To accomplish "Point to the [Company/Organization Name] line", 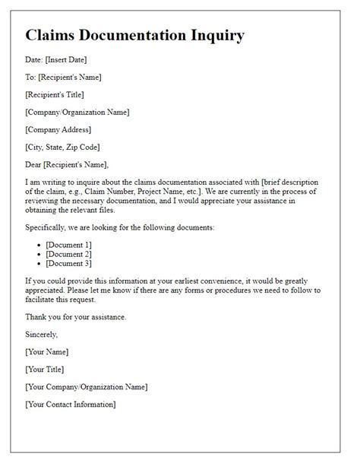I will click(x=77, y=112).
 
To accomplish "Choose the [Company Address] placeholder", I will click(x=58, y=129).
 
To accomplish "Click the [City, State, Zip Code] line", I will click(x=62, y=147).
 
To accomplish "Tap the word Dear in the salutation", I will click(x=35, y=164).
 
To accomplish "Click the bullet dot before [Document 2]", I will click(x=39, y=254).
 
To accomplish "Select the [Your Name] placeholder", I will click(x=47, y=351).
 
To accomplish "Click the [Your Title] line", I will click(x=45, y=369).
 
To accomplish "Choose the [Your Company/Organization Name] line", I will click(x=86, y=386).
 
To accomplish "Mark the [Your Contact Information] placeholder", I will click(x=71, y=404).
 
